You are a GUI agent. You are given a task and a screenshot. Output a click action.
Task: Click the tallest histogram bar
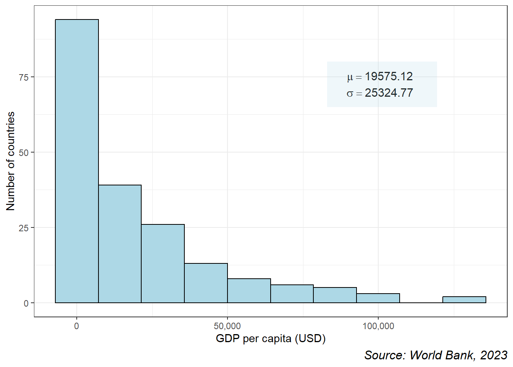click(77, 161)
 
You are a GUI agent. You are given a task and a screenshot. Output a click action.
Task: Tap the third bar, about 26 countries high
click(163, 263)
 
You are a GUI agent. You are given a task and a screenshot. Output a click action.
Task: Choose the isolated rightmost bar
click(464, 300)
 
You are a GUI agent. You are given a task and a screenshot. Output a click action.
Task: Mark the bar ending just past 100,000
click(378, 298)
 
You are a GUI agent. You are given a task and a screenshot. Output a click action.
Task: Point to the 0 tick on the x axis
click(77, 326)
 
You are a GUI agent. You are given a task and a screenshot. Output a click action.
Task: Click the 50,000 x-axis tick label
click(227, 326)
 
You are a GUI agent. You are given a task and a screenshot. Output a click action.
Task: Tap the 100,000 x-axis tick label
click(378, 326)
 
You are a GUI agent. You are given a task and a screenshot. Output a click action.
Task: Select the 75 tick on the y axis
click(24, 77)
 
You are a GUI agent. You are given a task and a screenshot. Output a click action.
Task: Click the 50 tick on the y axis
click(24, 153)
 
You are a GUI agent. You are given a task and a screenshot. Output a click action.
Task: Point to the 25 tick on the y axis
click(24, 228)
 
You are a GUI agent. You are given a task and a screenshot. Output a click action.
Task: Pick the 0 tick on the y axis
click(26, 303)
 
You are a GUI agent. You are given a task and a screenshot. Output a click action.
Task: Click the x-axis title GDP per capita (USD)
click(271, 338)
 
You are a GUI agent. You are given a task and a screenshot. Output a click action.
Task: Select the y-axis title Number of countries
click(11, 161)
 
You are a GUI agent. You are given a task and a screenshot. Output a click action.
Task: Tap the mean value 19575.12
click(389, 76)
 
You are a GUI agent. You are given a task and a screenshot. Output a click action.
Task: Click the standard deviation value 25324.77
click(389, 93)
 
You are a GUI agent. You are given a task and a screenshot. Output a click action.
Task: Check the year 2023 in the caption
click(494, 355)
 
